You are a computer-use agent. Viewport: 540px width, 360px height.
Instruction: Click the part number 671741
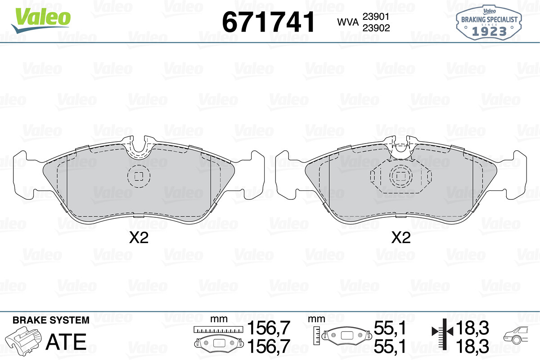coord(268,22)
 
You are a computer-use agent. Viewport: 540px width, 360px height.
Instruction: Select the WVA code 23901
coord(376,17)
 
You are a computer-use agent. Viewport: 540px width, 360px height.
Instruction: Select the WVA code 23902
coord(376,28)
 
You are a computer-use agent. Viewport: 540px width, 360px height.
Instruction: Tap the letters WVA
coord(348,22)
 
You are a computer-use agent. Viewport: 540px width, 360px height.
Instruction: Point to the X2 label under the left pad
coord(139,238)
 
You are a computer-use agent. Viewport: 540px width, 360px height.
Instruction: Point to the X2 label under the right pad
coord(400,238)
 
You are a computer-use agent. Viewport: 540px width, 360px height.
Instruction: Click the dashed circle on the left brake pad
coord(139,176)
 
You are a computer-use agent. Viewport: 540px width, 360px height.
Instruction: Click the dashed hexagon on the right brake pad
coord(401,176)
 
